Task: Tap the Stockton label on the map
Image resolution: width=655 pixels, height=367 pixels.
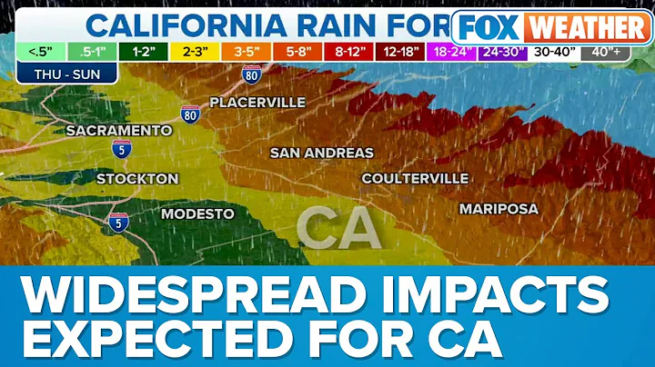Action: tap(137, 178)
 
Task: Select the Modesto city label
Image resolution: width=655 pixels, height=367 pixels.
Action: tap(197, 214)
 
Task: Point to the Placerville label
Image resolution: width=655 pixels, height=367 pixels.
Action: tap(257, 103)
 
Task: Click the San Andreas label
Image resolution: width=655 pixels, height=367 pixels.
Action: tap(321, 153)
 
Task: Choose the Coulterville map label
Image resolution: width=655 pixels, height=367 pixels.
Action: tap(415, 178)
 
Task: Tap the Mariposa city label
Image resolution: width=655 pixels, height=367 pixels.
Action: tap(499, 208)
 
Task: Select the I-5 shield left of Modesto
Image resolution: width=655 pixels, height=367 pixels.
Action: tap(116, 221)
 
